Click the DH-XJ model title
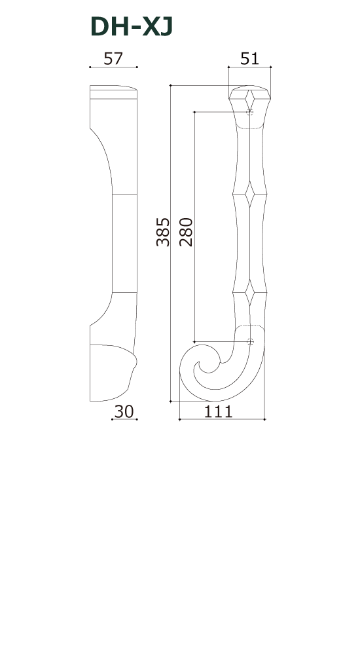pyautogui.click(x=132, y=27)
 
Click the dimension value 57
pyautogui.click(x=113, y=58)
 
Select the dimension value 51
pyautogui.click(x=249, y=58)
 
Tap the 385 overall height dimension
pyautogui.click(x=163, y=232)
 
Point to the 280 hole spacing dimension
pyautogui.click(x=186, y=232)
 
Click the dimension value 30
pyautogui.click(x=124, y=411)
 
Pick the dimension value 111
pyautogui.click(x=219, y=411)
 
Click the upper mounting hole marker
pyautogui.click(x=249, y=113)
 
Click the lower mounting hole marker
pyautogui.click(x=249, y=341)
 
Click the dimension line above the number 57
pyautogui.click(x=113, y=67)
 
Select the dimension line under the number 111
pyautogui.click(x=222, y=419)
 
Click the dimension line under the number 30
pyautogui.click(x=124, y=420)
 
